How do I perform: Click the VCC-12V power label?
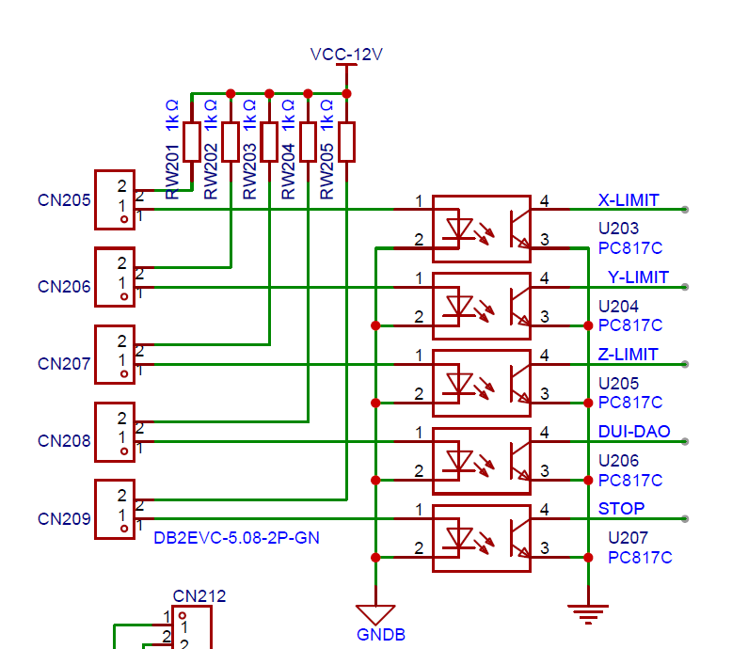pos(346,55)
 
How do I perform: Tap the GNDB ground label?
pos(380,635)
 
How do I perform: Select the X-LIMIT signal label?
pos(629,200)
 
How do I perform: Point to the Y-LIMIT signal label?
pos(638,277)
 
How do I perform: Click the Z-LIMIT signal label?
pos(629,355)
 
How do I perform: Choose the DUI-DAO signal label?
pos(634,432)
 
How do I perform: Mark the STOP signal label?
pos(622,509)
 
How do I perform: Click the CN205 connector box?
pos(115,199)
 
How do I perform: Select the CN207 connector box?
pos(115,354)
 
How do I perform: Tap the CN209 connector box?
pos(115,508)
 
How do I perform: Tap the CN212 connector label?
pos(199,595)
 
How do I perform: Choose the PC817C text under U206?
pos(630,480)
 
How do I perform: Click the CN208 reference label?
pos(64,441)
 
